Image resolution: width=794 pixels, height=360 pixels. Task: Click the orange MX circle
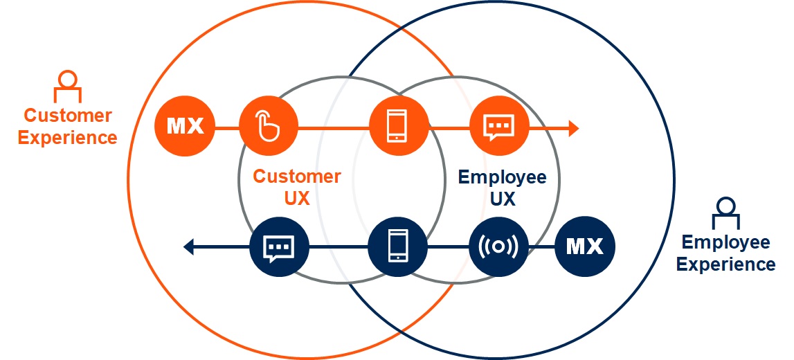186,127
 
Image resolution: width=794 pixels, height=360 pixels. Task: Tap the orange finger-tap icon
268,127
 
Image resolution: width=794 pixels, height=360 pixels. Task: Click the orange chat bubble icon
499,127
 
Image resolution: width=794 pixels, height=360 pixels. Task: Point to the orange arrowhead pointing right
572,127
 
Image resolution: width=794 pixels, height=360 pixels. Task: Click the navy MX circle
584,246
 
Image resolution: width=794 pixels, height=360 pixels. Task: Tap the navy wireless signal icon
498,246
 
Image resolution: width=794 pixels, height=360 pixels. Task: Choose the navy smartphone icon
397,246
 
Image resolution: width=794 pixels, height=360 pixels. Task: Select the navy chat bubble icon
278,246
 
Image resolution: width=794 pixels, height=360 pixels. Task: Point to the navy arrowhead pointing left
189,245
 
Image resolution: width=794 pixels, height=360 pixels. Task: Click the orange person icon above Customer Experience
67,85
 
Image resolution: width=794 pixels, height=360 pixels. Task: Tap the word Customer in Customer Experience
68,115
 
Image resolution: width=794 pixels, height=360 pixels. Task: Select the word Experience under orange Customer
68,137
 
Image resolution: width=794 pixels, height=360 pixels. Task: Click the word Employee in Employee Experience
725,242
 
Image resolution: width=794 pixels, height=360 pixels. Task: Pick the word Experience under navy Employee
725,264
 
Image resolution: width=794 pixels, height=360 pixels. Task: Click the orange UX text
296,198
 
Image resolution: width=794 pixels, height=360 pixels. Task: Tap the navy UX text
503,199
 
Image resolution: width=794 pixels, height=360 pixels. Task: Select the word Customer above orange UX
296,177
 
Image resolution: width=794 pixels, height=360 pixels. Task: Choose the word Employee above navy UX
503,178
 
